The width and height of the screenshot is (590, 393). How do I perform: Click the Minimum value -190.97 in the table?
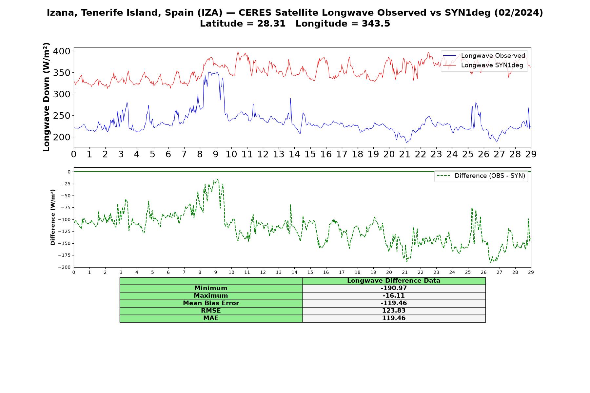click(x=394, y=288)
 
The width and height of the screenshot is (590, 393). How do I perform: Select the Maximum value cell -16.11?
click(x=394, y=296)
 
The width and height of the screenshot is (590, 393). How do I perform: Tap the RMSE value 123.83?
click(x=394, y=311)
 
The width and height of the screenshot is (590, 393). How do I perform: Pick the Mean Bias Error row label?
click(x=211, y=303)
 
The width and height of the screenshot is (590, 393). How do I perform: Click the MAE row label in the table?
click(x=211, y=318)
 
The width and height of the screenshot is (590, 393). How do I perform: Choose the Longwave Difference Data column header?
click(x=394, y=281)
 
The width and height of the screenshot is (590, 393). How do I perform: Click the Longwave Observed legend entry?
click(x=484, y=56)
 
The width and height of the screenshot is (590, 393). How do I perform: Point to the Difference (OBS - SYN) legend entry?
click(x=481, y=176)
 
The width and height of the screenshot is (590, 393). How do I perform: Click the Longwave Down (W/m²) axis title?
click(x=46, y=97)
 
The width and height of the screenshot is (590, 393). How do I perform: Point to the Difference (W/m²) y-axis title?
click(x=53, y=217)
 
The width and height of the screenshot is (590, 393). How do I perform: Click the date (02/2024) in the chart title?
click(x=519, y=13)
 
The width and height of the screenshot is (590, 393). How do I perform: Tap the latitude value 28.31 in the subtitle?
click(x=271, y=24)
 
